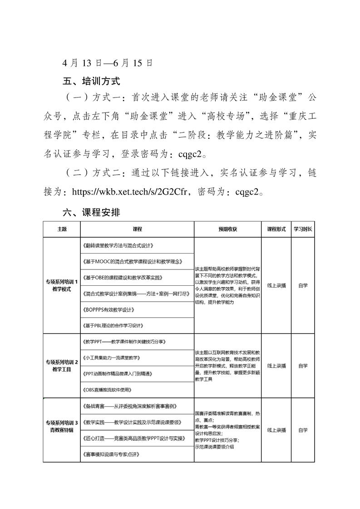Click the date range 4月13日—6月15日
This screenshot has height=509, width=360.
[108, 63]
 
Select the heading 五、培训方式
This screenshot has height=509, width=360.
[91, 82]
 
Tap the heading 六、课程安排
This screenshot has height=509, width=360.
[91, 212]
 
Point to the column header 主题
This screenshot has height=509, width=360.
[62, 229]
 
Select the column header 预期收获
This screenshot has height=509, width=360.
[227, 229]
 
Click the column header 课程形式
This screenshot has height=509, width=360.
[276, 229]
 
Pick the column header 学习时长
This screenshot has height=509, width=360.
[303, 229]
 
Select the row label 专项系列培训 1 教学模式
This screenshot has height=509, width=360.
[62, 285]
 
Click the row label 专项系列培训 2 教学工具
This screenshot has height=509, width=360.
[62, 366]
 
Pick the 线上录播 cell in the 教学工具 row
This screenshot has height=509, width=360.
[276, 366]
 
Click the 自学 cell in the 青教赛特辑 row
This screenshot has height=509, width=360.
[303, 430]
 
